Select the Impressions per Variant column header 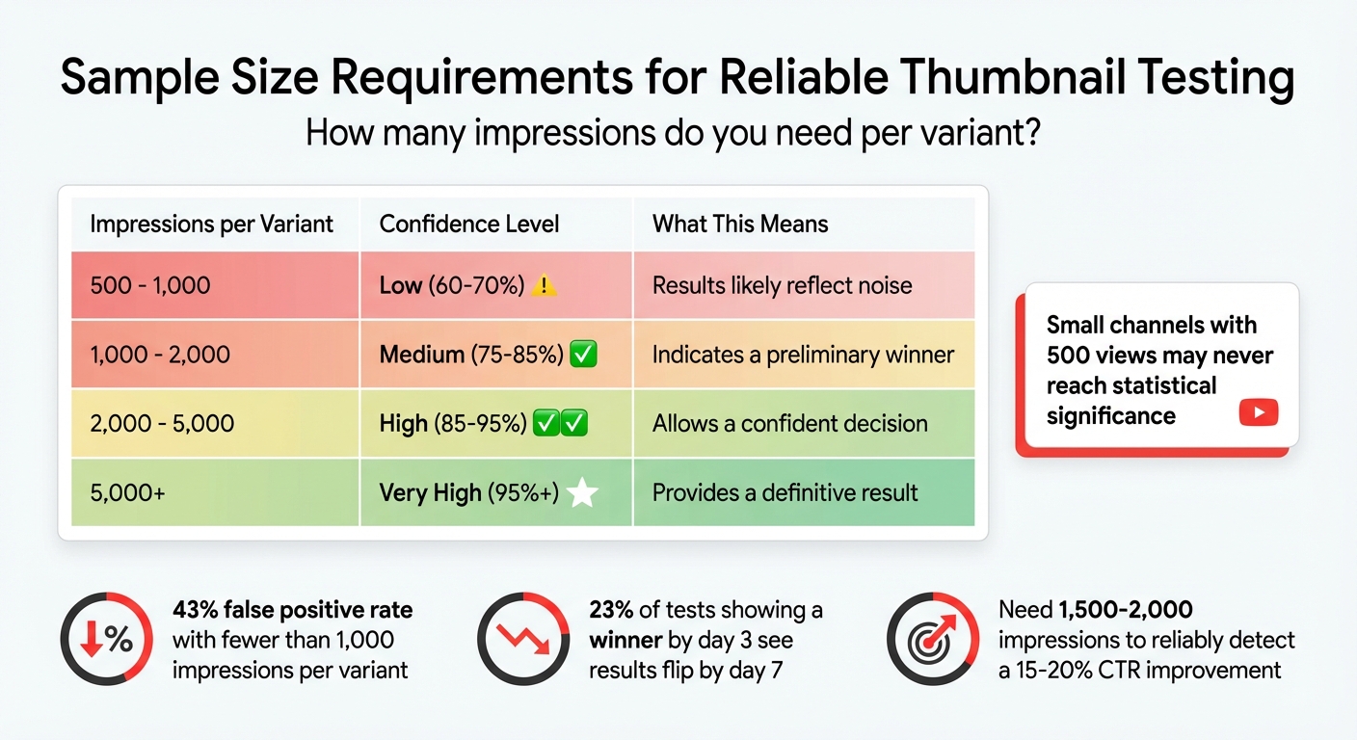click(211, 225)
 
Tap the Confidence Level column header click(469, 225)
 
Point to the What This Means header click(740, 225)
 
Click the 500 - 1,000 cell click(149, 285)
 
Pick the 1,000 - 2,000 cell click(160, 355)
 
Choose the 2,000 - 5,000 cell click(162, 424)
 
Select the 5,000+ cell click(127, 493)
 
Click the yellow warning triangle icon click(545, 285)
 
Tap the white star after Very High click(582, 493)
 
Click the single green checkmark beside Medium click(584, 355)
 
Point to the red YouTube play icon click(1258, 413)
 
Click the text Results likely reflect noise click(782, 285)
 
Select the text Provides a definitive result click(785, 493)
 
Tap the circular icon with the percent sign click(106, 639)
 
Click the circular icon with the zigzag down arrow click(523, 639)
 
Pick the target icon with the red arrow click(933, 639)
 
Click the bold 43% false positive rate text click(292, 610)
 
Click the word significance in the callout click(1110, 416)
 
